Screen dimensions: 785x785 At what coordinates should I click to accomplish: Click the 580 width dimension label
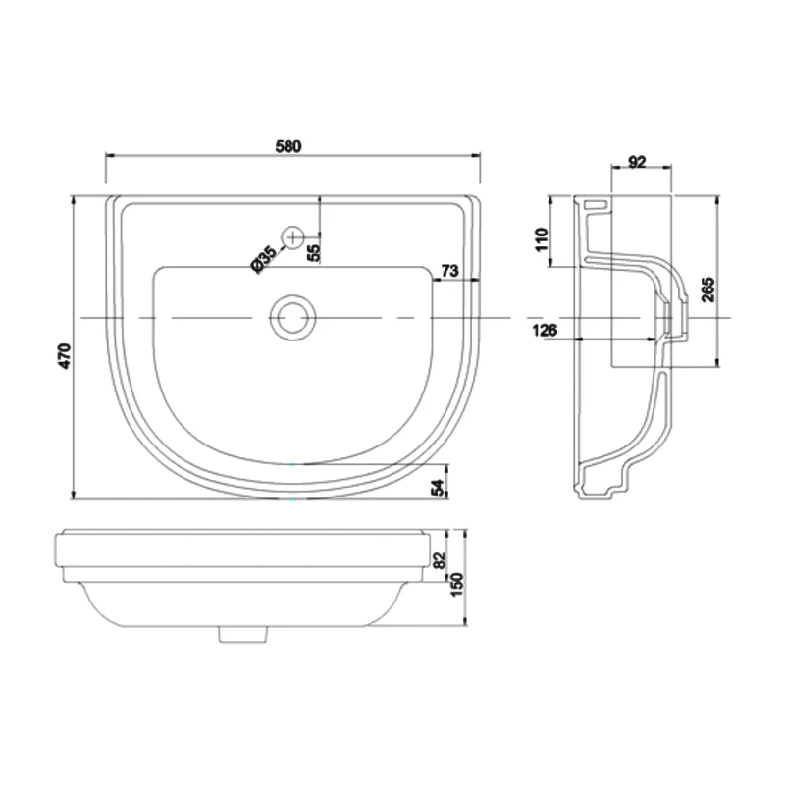288,145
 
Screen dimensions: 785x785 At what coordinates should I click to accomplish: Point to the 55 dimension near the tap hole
313,251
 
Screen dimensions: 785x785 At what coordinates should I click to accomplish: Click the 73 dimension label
451,270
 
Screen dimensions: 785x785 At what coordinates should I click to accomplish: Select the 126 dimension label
547,330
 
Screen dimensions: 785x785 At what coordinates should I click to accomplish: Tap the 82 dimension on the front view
439,561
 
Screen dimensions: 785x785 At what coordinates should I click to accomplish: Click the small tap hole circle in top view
293,235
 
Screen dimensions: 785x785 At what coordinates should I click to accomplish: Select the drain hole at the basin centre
291,318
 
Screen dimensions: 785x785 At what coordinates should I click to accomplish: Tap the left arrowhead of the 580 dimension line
110,156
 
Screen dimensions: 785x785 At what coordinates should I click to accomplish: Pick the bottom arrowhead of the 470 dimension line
76,494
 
